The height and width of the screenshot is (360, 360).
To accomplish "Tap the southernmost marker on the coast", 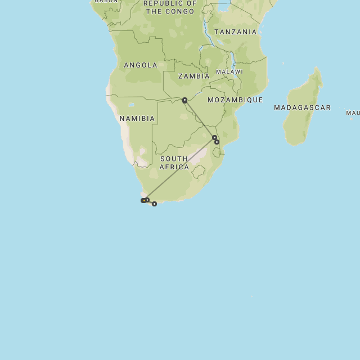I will click(154, 204).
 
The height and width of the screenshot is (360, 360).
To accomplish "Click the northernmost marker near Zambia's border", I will click(184, 100).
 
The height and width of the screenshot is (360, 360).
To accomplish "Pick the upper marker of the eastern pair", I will click(214, 137).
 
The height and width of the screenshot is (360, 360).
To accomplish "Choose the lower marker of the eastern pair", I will click(217, 142).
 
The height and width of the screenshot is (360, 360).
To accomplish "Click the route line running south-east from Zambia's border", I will click(199, 118).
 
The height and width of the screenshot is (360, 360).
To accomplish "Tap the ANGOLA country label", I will click(141, 65).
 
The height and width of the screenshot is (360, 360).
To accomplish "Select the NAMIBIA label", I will click(137, 119).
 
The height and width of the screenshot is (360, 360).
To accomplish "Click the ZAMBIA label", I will click(193, 76).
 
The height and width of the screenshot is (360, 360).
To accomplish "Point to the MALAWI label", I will click(229, 72).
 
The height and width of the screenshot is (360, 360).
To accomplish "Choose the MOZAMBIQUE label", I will click(235, 100).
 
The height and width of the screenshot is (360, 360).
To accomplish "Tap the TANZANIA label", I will click(235, 32).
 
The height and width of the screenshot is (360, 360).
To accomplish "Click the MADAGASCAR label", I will click(302, 107).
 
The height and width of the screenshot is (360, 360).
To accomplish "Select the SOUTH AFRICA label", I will click(174, 163).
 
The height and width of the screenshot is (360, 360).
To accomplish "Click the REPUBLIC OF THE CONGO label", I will click(170, 7).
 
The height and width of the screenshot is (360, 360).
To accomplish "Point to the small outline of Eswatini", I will click(217, 152).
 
